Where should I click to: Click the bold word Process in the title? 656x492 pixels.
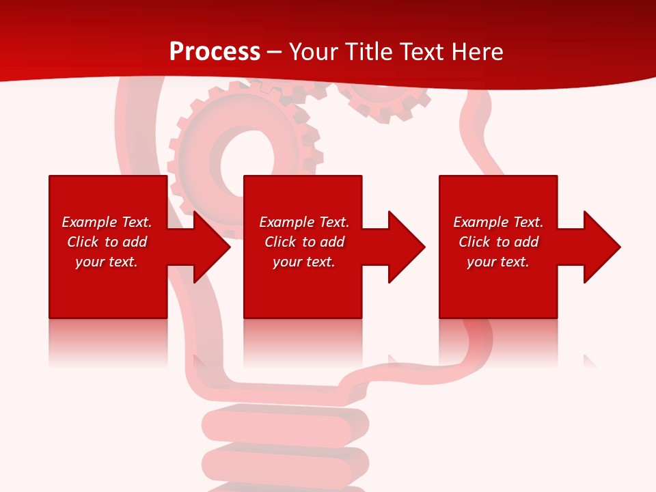215,52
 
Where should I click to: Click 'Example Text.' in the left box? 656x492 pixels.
107,222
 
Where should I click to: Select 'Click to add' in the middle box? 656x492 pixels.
304,242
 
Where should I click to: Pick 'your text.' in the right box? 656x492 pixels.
497,262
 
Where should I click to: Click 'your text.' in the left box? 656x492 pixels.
107,262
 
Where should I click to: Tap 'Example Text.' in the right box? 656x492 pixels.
497,222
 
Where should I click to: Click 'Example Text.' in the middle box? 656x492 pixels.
304,222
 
